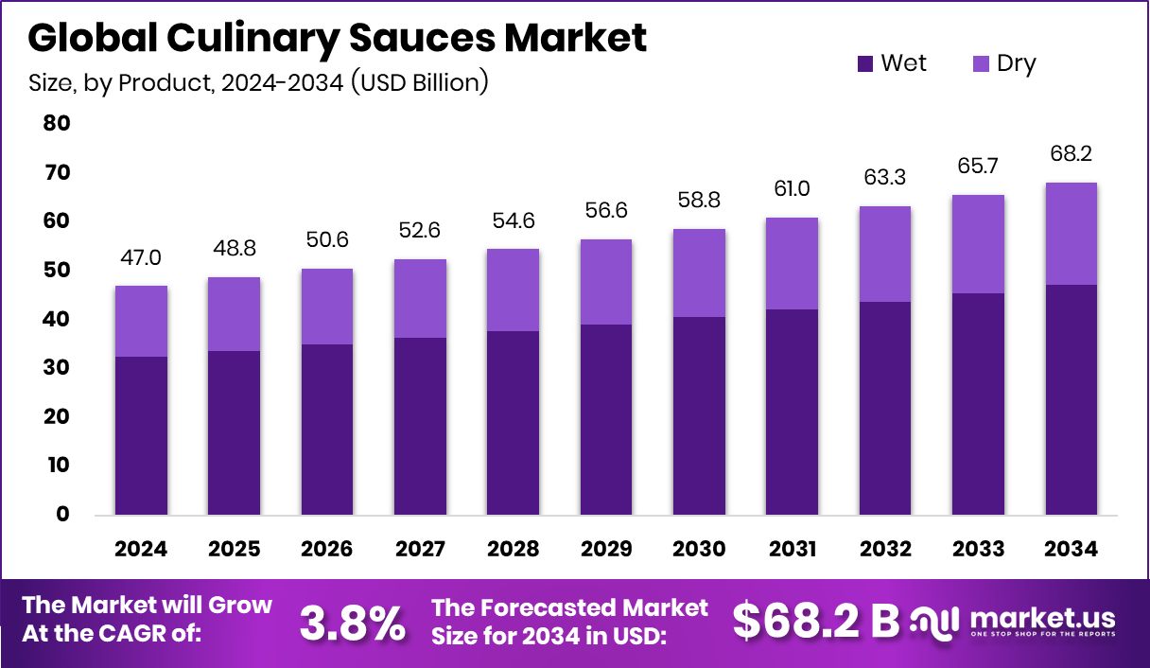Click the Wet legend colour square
(x=865, y=64)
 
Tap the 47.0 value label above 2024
(x=142, y=258)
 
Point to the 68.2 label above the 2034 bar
(x=1072, y=154)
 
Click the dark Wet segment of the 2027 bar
(x=421, y=426)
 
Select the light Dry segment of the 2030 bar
(x=699, y=272)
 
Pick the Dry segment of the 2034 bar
(x=1072, y=234)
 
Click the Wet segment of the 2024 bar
(x=142, y=435)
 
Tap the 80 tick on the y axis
(x=56, y=123)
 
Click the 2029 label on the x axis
(x=606, y=550)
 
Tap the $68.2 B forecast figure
(x=815, y=621)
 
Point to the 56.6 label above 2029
(x=606, y=211)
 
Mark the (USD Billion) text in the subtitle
(x=419, y=82)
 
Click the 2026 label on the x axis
(x=327, y=550)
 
